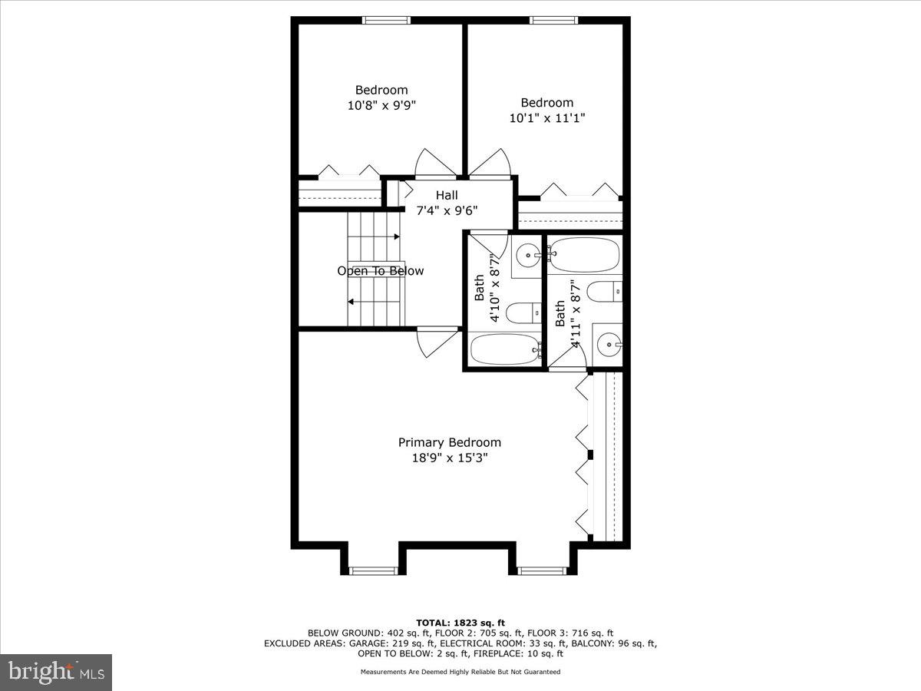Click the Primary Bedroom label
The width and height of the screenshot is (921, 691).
tap(449, 442)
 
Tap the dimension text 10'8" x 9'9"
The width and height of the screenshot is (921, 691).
tap(381, 105)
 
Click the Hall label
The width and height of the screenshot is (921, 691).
tap(447, 196)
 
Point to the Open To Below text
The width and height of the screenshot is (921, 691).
tap(380, 271)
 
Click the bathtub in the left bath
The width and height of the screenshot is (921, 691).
tap(504, 349)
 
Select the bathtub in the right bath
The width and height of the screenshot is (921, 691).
tap(584, 255)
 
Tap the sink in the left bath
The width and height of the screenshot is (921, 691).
tap(527, 254)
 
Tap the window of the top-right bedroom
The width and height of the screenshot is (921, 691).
tap(554, 21)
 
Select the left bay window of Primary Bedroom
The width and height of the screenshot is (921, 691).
tap(372, 570)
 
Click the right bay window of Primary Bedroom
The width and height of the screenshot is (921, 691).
tap(541, 570)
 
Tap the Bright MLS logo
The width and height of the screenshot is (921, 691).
tap(56, 672)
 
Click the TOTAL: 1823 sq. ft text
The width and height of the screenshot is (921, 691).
tap(460, 623)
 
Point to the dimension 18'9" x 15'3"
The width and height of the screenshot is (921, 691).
tap(449, 458)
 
